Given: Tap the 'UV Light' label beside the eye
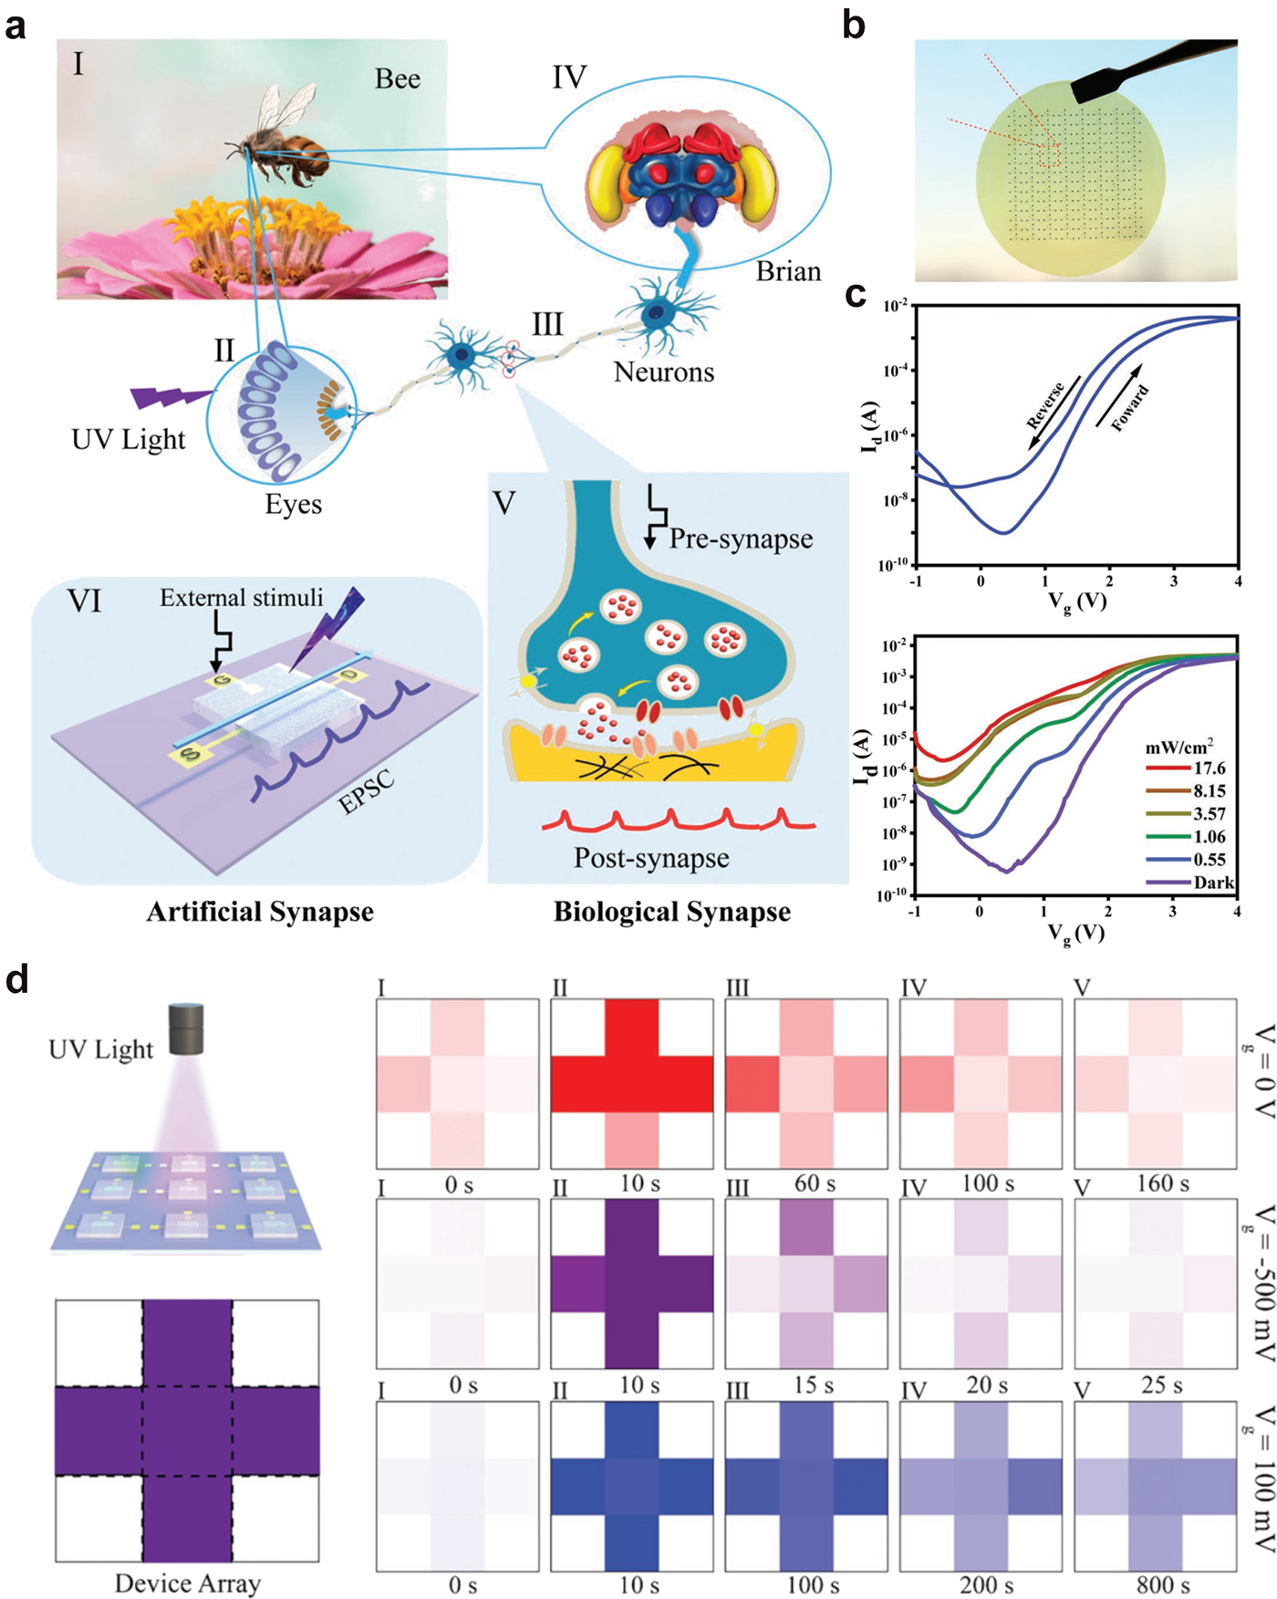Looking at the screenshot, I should coord(129,440).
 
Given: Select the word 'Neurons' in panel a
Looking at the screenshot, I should coord(663,371).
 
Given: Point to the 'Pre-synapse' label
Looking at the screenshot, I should coord(741,538).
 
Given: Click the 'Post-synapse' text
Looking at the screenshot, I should coord(651,858).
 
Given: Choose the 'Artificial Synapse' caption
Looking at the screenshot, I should coord(260,912).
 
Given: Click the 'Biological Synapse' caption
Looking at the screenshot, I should coord(672,912).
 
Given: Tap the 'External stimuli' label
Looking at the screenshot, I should coord(242,598).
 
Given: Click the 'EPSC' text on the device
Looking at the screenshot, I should coord(367,791).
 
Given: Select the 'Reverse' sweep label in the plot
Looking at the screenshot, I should coord(1045,406).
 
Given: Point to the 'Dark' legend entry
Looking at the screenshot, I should coord(1213,883).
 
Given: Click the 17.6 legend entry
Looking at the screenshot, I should coord(1210,768).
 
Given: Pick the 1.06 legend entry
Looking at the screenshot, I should coord(1210,837).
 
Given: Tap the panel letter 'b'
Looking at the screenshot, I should coord(854,25).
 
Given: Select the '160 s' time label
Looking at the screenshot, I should coord(1163,1184).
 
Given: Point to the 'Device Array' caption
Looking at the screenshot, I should coord(188,1583).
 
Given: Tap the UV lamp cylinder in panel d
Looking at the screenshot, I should coord(187,1029).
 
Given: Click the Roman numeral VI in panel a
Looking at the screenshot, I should coord(84,602).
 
